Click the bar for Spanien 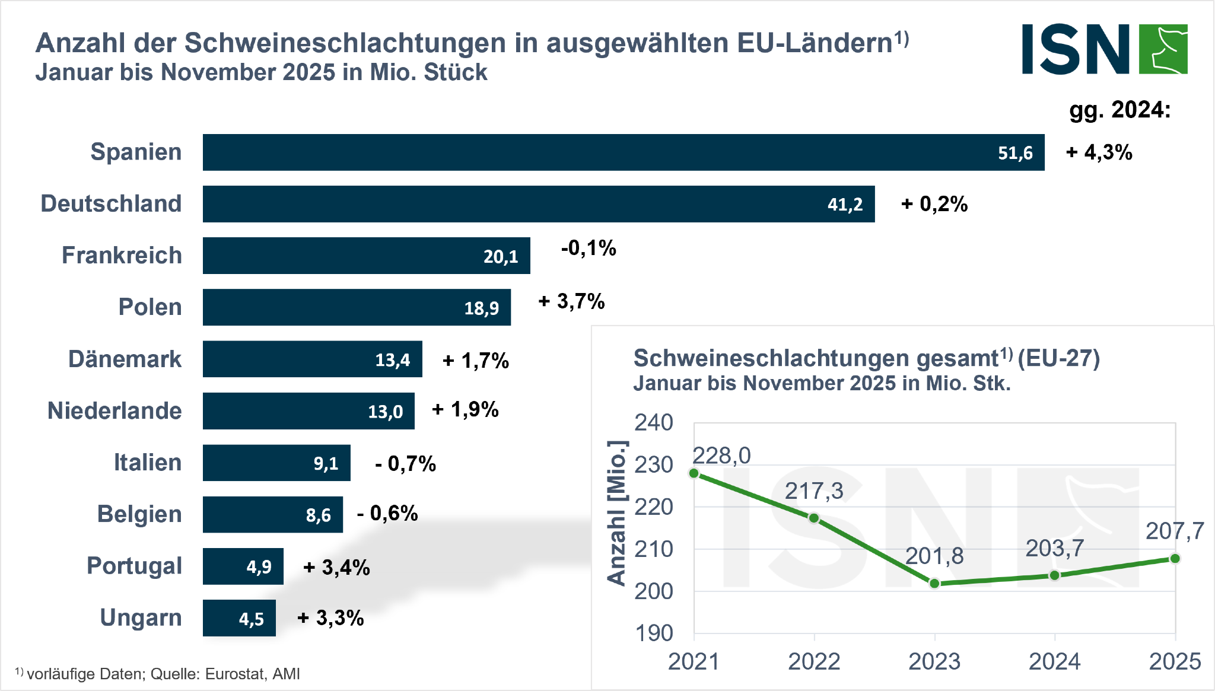click(x=623, y=152)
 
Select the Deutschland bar click(x=538, y=204)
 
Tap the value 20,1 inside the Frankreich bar click(x=501, y=256)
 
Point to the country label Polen click(x=150, y=307)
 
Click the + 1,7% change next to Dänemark click(x=476, y=360)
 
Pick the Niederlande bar click(x=308, y=411)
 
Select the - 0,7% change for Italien click(x=406, y=463)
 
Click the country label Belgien click(x=139, y=514)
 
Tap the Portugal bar click(x=243, y=566)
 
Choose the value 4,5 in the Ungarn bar click(x=252, y=619)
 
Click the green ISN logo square click(x=1163, y=49)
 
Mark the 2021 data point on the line click(x=694, y=473)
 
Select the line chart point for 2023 click(x=934, y=584)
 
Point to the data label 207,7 click(x=1175, y=531)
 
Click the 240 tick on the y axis click(x=654, y=423)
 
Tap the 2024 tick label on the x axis click(x=1054, y=661)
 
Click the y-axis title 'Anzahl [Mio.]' click(x=617, y=513)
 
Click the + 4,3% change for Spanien click(x=1099, y=152)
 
